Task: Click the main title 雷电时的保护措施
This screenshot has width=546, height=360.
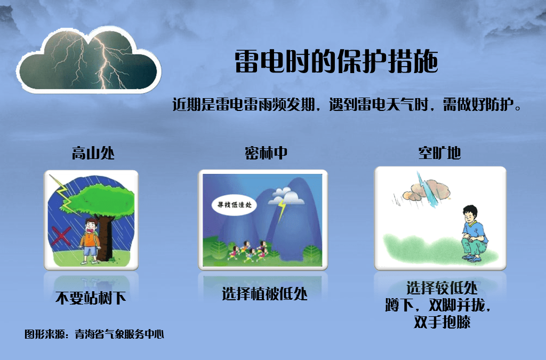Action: pos(336,61)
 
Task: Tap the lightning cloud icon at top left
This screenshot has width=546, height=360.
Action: pos(89,60)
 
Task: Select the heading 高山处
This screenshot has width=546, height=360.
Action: pos(93,153)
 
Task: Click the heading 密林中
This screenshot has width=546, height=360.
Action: pos(266,153)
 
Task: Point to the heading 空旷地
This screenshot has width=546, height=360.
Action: pos(439,153)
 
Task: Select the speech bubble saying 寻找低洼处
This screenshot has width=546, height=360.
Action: pos(235,205)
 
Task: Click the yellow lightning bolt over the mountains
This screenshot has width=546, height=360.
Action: pos(282,211)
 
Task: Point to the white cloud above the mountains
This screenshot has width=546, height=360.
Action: pos(286,195)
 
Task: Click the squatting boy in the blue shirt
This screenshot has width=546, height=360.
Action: pos(474,233)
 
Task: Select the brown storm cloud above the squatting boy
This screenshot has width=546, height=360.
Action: pos(426,191)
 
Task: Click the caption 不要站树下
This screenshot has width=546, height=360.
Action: pos(91,298)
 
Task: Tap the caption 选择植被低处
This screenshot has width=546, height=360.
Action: pos(264,294)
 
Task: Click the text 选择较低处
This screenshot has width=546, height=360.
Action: pos(442,288)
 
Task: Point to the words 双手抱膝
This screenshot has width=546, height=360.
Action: pos(442,322)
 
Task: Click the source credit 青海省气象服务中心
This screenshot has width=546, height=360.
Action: pos(119,334)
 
